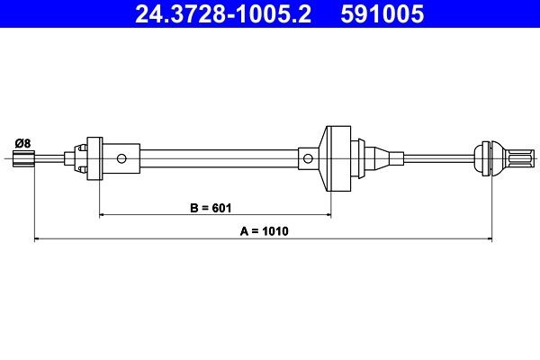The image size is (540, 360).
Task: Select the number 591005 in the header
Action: (378, 14)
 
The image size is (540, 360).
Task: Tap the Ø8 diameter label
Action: (23, 142)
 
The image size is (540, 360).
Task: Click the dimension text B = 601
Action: (212, 208)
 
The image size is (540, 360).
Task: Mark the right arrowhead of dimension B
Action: (327, 216)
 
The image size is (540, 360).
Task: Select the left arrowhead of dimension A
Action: (37, 238)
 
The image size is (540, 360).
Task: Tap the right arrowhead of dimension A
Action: (490, 238)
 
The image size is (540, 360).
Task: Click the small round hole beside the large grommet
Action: (309, 159)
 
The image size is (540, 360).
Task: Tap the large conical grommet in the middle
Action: (336, 158)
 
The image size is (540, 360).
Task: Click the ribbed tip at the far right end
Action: (512, 158)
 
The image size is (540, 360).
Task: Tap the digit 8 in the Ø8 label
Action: (28, 142)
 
